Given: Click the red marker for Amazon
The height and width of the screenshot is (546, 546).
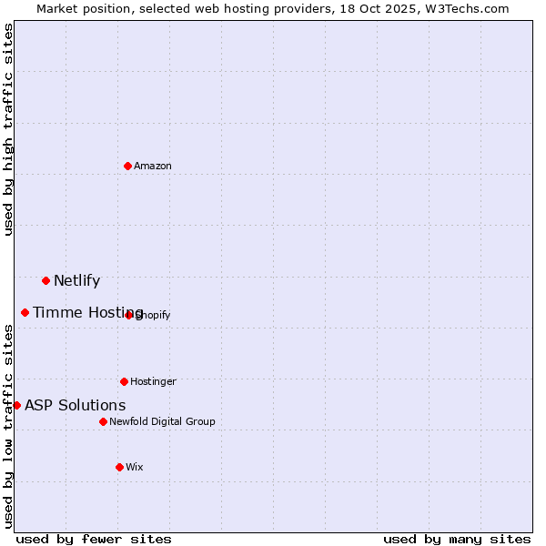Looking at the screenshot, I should point(127,166).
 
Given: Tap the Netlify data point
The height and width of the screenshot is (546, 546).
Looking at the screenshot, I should point(45,280).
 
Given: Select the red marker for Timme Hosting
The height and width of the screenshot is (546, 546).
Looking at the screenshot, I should point(25,312).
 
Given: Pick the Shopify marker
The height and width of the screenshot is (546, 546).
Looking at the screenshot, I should point(128,315).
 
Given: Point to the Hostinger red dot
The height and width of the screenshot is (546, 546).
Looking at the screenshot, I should point(124,381).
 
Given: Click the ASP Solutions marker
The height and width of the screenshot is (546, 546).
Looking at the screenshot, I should point(16,405).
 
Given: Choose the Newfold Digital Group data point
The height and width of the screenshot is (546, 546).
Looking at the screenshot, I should point(103,421).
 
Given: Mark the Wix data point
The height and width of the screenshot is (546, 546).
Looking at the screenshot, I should point(119,467).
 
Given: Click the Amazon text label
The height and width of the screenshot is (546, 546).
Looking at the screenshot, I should point(153,166).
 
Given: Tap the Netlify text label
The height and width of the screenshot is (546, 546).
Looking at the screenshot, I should point(76,280).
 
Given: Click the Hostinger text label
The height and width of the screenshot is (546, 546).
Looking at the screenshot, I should point(153,381).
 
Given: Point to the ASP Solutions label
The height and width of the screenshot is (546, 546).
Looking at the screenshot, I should point(75,405).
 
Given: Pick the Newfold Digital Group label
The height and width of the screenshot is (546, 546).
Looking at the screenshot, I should point(162,421).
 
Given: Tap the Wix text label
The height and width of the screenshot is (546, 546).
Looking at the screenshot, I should point(135,467).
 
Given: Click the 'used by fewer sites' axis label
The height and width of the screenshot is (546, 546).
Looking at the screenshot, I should point(94,539).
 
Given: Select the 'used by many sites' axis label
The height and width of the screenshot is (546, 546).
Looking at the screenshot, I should point(457,539).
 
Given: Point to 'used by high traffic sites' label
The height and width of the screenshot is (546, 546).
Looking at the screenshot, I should point(8,129).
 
